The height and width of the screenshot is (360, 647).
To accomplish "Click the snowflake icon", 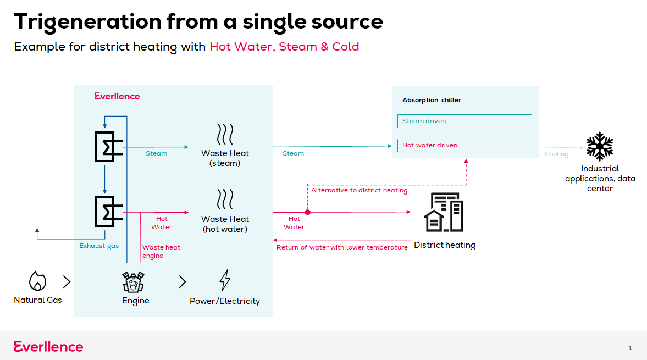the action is click(x=600, y=146).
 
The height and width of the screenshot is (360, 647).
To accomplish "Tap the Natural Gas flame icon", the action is click(x=37, y=281).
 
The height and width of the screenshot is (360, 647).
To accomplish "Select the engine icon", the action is click(x=133, y=282).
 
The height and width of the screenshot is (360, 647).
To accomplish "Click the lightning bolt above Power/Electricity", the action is click(x=225, y=280).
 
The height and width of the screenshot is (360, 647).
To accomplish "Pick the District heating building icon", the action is click(x=444, y=212).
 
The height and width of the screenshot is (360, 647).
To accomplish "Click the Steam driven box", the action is click(x=464, y=121).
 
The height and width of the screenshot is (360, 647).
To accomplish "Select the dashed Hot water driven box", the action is click(x=465, y=145).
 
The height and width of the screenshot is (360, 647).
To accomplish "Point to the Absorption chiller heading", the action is click(x=432, y=100).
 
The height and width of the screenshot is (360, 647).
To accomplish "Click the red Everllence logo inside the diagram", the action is click(x=117, y=96).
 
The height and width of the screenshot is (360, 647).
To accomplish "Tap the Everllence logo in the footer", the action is click(x=48, y=346).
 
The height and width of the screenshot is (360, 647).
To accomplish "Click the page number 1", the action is click(x=630, y=348).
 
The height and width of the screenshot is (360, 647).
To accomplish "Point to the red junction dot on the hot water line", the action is click(x=307, y=212).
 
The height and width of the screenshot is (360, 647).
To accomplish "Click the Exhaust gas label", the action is click(x=99, y=246).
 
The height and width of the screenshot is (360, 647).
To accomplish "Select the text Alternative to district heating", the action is click(x=359, y=190).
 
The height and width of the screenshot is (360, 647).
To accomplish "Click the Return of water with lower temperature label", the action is click(x=342, y=247).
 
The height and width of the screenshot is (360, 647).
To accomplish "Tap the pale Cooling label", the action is click(x=557, y=154).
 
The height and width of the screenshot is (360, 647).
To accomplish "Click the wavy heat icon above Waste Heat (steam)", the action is click(x=225, y=134).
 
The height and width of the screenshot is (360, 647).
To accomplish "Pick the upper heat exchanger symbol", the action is click(x=108, y=147).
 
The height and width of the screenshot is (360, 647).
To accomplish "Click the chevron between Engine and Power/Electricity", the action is click(x=183, y=281).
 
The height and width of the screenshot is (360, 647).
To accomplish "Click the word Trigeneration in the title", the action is click(x=88, y=23).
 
